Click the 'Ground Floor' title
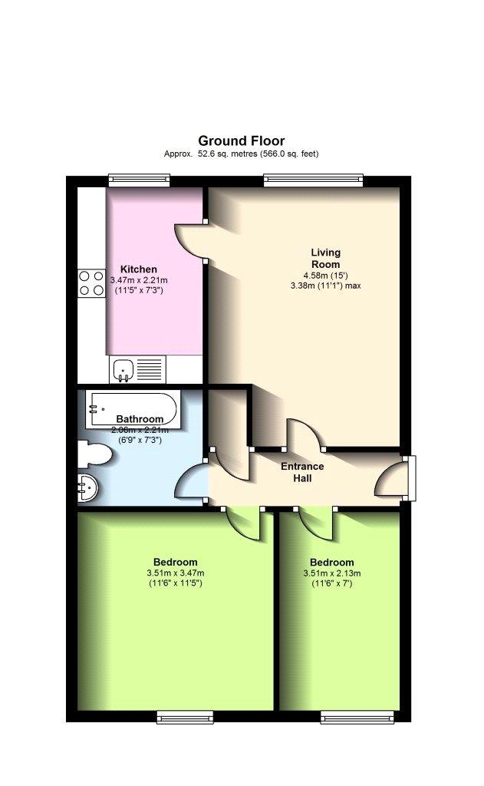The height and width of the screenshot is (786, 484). click(x=241, y=141)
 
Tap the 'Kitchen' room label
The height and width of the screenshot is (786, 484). click(x=138, y=269)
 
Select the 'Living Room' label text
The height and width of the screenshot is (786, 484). click(x=325, y=258)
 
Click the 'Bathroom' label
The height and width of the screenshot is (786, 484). click(x=140, y=419)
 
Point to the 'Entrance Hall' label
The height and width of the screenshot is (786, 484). click(x=302, y=472)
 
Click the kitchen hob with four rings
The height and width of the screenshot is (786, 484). click(x=91, y=283)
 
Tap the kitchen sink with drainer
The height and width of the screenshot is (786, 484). click(x=137, y=369)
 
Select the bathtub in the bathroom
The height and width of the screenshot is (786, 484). click(x=131, y=408)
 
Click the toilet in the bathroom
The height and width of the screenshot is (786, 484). click(x=94, y=454)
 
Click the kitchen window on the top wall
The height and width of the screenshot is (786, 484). click(x=140, y=180)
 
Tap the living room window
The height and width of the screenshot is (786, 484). click(x=313, y=180)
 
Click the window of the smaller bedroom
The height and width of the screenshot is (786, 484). click(x=357, y=718)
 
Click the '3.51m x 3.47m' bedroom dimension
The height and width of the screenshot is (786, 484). click(x=176, y=573)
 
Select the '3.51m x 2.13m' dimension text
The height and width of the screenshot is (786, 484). click(x=331, y=573)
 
